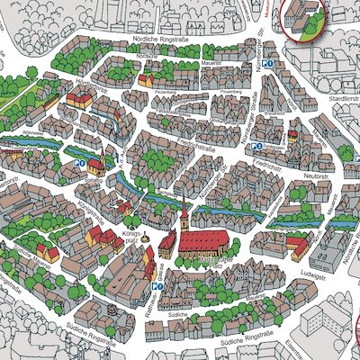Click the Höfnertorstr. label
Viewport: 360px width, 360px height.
pos(86,94)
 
